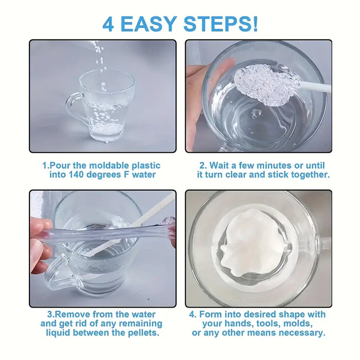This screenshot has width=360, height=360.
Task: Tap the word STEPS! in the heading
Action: (x=221, y=24)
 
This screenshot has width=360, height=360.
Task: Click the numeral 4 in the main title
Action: (x=109, y=24)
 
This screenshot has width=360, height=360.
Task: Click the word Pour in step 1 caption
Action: (x=60, y=166)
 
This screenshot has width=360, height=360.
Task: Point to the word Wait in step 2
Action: (x=220, y=166)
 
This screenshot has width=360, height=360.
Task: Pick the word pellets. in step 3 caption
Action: (x=143, y=332)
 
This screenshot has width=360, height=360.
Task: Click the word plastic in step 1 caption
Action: (x=146, y=166)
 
